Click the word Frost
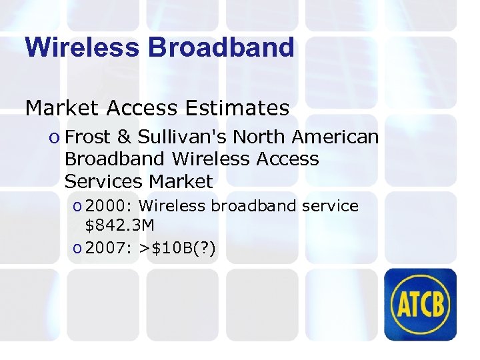coord(89,137)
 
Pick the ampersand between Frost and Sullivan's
coord(125,137)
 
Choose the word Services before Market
coord(104,181)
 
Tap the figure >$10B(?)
coord(178,249)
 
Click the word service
coord(331,207)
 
